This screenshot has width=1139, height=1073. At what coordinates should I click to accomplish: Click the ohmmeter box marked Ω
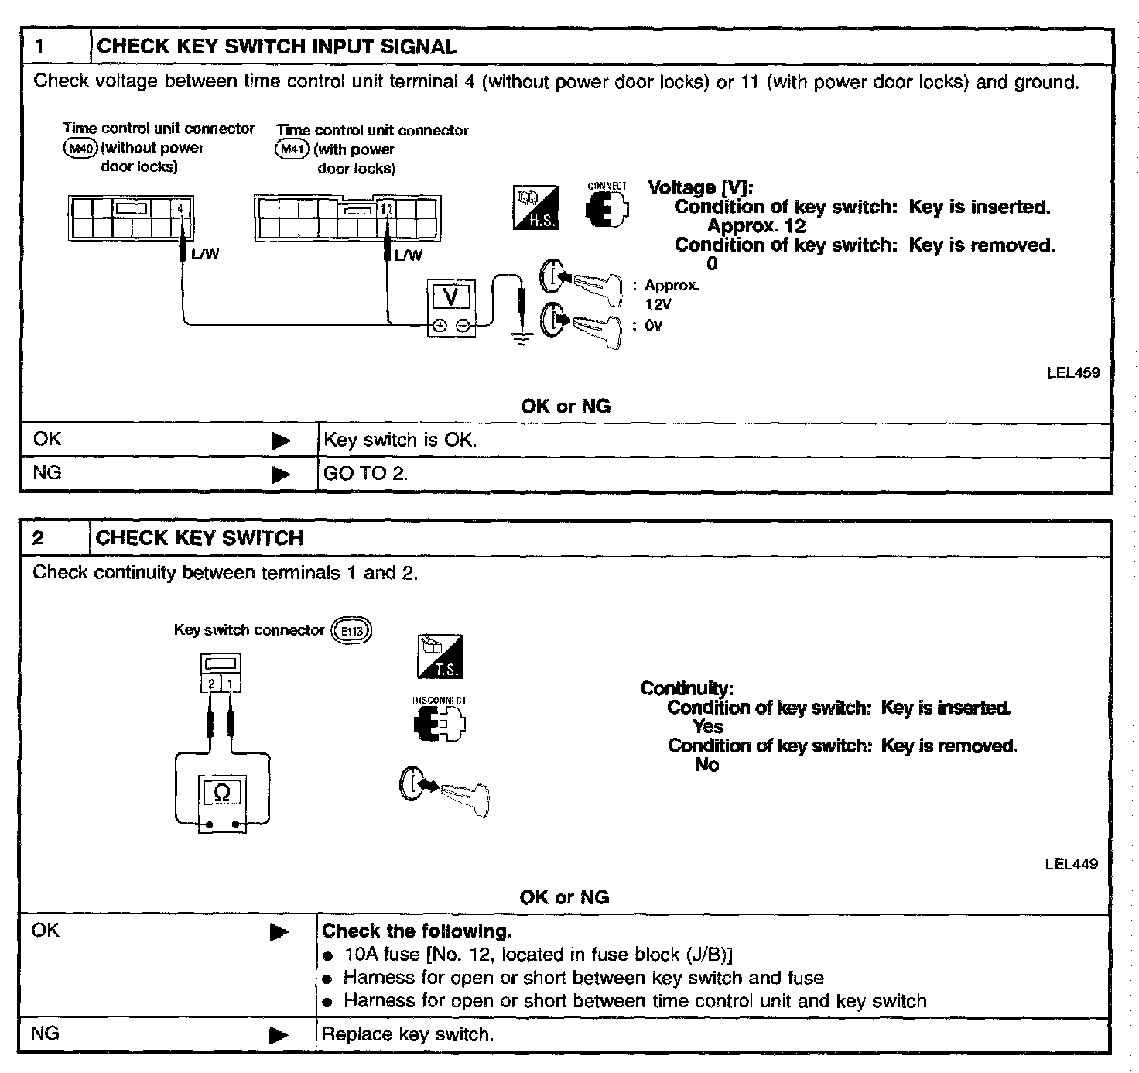click(x=221, y=792)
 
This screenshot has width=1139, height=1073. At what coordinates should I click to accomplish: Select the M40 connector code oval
click(x=80, y=148)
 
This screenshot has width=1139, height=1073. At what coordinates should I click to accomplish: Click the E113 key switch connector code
click(x=351, y=631)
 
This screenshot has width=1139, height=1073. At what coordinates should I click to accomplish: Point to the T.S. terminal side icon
click(x=440, y=656)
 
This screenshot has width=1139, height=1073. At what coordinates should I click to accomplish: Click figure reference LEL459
click(x=1072, y=372)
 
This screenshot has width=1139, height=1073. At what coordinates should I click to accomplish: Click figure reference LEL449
click(x=1071, y=864)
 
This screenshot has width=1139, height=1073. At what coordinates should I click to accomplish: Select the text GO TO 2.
click(x=365, y=474)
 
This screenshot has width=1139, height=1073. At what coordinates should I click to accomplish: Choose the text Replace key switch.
click(x=407, y=1035)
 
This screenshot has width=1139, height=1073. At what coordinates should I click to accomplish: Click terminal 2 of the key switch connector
click(x=211, y=684)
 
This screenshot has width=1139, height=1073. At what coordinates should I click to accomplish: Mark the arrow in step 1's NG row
click(x=281, y=474)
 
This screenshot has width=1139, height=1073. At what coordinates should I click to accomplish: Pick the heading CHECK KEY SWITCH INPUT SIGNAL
click(x=277, y=46)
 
